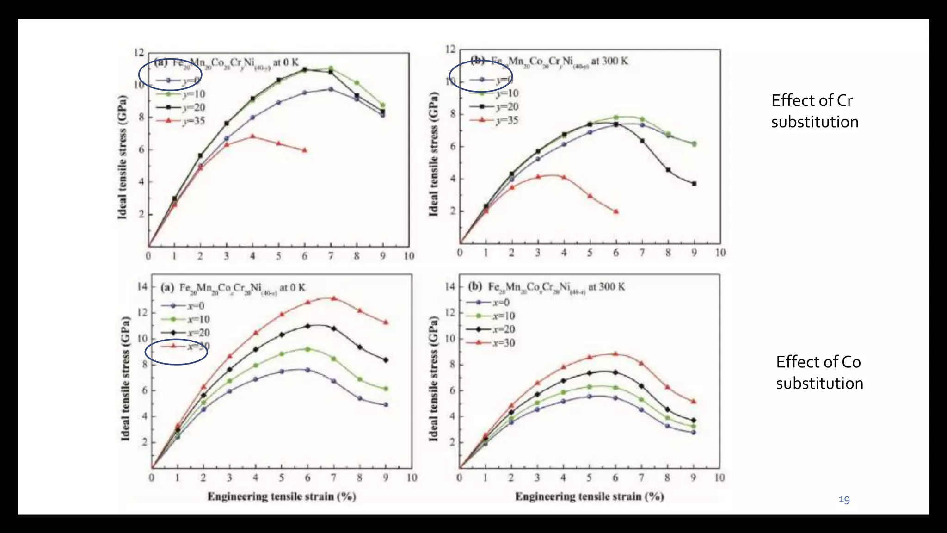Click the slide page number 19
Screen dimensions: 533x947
click(x=844, y=500)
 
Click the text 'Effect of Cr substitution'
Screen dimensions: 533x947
click(x=814, y=111)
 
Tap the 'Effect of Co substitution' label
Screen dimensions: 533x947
click(x=819, y=372)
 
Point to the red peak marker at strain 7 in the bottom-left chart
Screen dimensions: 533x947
click(x=333, y=298)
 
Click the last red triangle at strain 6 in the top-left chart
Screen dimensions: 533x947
click(x=304, y=150)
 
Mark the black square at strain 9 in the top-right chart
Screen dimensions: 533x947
click(x=694, y=184)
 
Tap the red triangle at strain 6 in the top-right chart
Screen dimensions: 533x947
click(x=615, y=211)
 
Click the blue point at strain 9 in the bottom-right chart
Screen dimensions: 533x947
click(x=693, y=433)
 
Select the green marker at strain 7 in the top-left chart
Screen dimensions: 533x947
click(x=331, y=68)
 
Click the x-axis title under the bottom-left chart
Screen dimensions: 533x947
click(x=282, y=496)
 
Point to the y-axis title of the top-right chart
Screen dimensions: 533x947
click(x=433, y=154)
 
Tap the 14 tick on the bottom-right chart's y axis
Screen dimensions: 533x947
click(x=449, y=287)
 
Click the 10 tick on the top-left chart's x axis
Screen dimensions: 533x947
click(x=409, y=256)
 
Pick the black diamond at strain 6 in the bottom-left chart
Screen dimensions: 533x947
click(x=307, y=326)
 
